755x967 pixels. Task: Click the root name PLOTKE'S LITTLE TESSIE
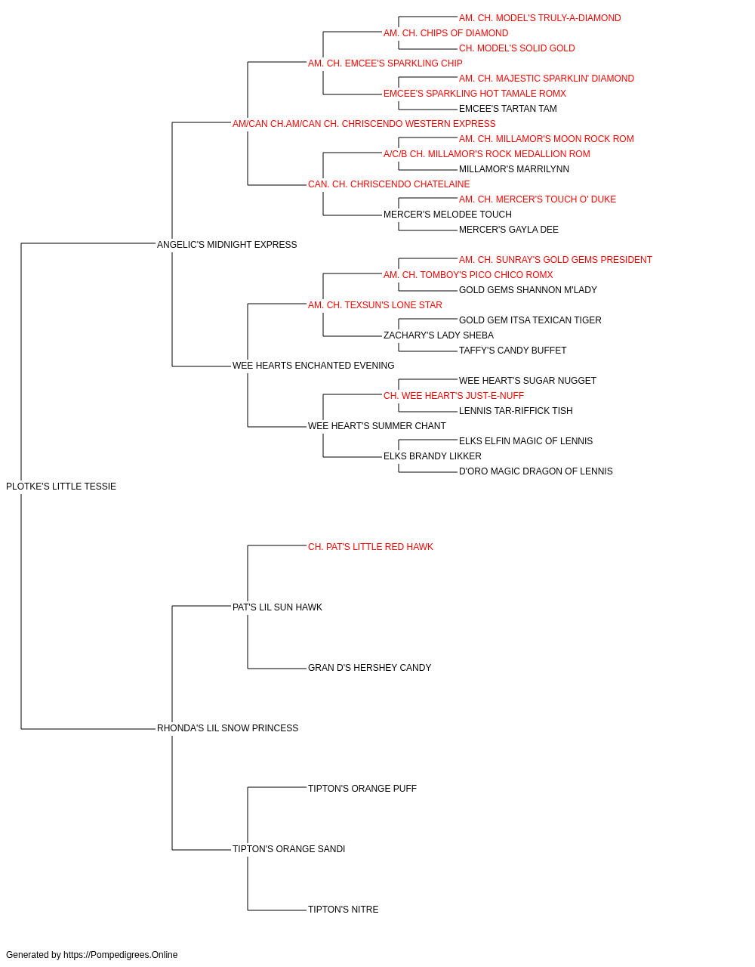61,487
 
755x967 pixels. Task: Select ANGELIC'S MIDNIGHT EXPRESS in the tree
226,245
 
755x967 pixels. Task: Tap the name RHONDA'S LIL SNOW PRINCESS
228,728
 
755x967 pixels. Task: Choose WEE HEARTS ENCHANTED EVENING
313,366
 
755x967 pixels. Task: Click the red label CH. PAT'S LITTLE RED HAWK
371,547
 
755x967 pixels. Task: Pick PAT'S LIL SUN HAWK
277,607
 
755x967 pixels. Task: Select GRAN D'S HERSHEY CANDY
369,668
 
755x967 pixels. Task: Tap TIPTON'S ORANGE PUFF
362,789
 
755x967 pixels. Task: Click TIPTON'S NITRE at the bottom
344,910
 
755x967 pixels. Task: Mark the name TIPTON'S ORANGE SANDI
288,849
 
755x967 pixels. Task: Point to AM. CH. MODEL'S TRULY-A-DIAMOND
540,18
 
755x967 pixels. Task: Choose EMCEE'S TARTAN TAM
508,109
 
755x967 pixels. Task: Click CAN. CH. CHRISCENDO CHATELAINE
389,184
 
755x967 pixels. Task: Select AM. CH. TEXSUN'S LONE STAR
375,305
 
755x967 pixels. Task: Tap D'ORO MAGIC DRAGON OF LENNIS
536,471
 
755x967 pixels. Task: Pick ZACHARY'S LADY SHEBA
439,335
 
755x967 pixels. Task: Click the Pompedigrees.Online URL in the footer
121,955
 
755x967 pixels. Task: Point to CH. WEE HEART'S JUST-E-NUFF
454,396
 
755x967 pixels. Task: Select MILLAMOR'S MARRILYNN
514,169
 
